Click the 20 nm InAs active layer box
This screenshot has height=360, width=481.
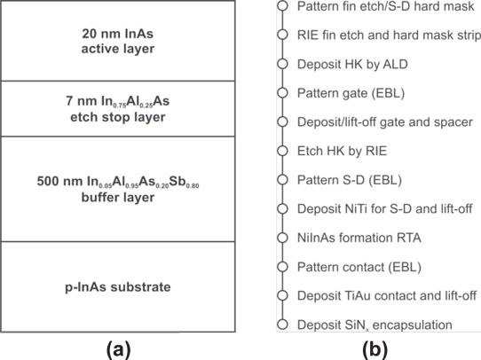[118, 41]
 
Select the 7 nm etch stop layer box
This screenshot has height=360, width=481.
[118, 109]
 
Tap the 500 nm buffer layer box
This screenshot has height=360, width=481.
[118, 189]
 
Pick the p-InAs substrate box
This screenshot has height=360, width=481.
[118, 286]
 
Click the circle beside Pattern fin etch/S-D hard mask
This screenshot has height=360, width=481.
[282, 6]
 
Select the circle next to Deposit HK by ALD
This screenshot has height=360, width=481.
[282, 64]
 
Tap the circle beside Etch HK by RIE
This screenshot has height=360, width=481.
[282, 151]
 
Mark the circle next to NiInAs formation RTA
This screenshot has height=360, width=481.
[282, 238]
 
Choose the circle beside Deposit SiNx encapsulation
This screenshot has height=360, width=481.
[282, 325]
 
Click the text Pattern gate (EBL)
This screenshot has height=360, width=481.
[351, 93]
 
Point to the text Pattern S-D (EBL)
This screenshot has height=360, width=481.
[350, 180]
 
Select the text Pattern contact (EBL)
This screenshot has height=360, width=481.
[359, 267]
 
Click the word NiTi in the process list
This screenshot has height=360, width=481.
[352, 208]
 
